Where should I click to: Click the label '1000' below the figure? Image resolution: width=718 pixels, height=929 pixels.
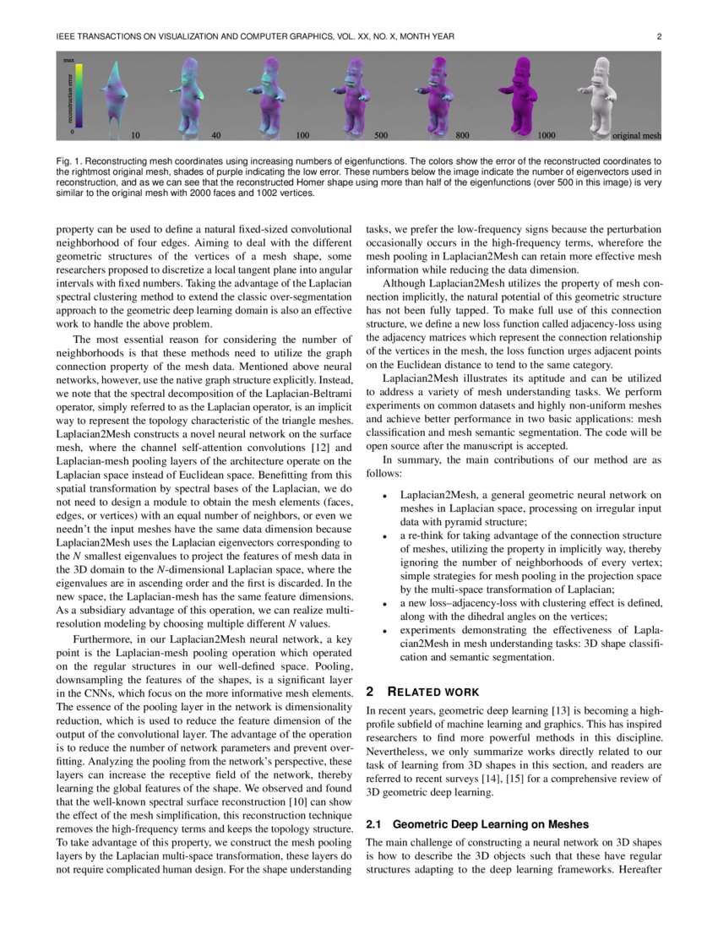tap(547, 135)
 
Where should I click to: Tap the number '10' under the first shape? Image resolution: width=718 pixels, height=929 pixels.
tap(135, 135)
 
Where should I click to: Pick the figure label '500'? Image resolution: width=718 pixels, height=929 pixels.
tap(382, 135)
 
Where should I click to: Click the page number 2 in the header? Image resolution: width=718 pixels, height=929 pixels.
tap(658, 36)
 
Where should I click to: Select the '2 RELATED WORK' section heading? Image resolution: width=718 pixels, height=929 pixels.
tap(422, 692)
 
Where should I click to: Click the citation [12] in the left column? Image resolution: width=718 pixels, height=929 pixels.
tap(320, 446)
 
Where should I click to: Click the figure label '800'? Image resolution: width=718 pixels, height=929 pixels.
tap(463, 135)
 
